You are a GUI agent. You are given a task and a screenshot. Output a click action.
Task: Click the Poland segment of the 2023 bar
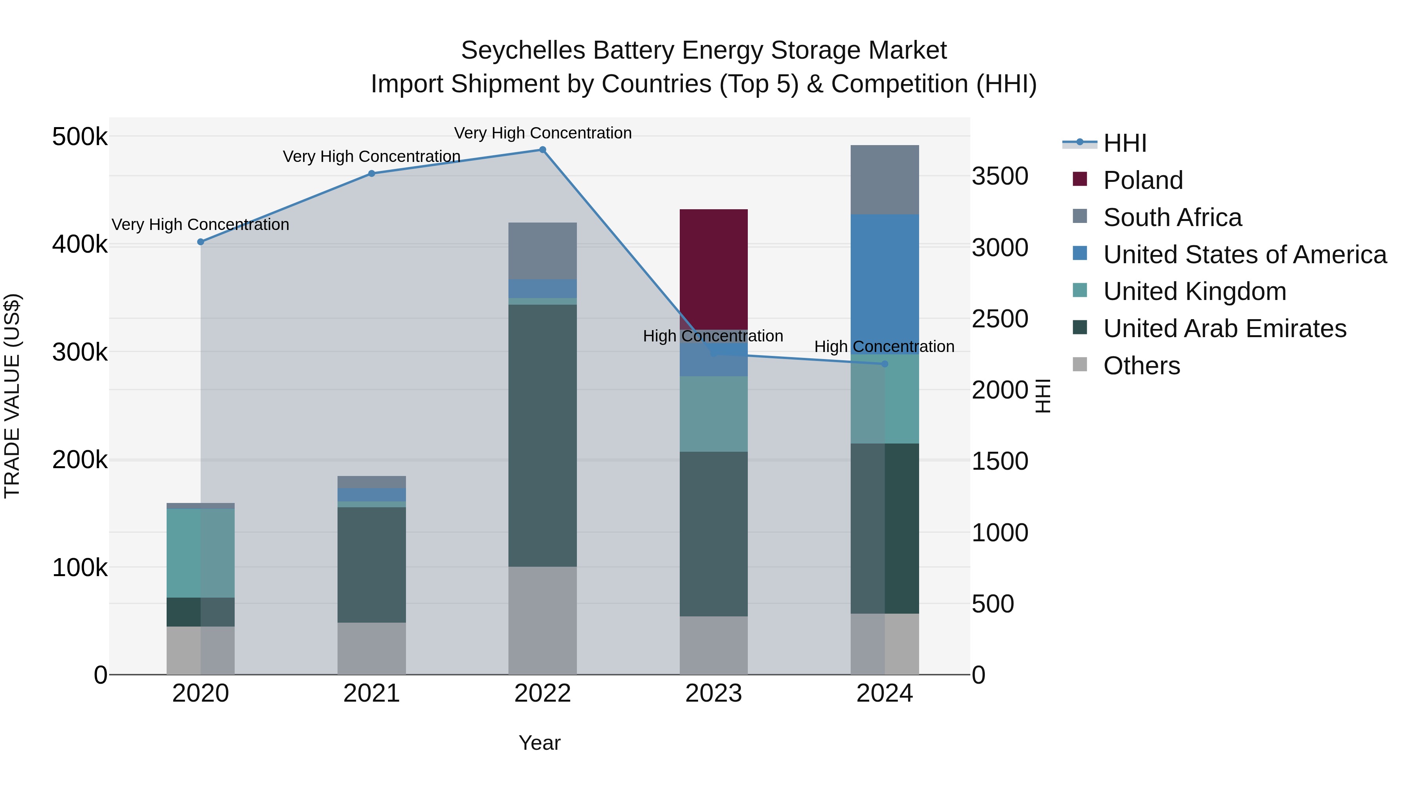pyautogui.click(x=713, y=268)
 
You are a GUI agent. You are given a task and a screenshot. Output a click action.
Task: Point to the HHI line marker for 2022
pyautogui.click(x=542, y=150)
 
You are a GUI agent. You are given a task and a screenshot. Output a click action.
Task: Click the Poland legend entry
pyautogui.click(x=1142, y=180)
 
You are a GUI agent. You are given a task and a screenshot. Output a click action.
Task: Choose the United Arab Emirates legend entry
pyautogui.click(x=1224, y=329)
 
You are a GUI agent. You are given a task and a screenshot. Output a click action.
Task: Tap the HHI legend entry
pyautogui.click(x=1124, y=143)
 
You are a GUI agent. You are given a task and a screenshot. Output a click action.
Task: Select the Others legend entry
pyautogui.click(x=1141, y=366)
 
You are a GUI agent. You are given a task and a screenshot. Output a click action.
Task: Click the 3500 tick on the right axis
pyautogui.click(x=1000, y=176)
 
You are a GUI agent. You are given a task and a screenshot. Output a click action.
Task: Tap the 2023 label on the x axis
pyautogui.click(x=713, y=693)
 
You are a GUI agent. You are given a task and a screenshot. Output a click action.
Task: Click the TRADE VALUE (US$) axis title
pyautogui.click(x=12, y=396)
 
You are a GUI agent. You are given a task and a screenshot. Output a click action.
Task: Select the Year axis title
pyautogui.click(x=539, y=743)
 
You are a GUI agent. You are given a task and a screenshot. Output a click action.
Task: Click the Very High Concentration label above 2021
pyautogui.click(x=371, y=157)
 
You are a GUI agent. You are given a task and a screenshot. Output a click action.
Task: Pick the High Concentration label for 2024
pyautogui.click(x=884, y=347)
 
